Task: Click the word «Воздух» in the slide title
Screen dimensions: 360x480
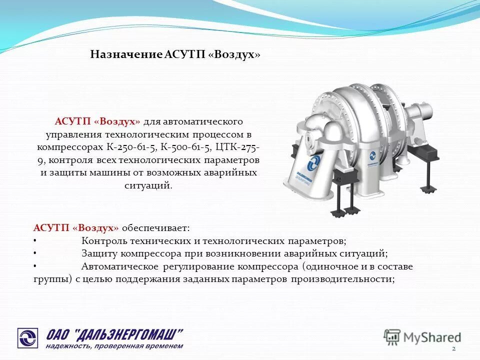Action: [x=237, y=54]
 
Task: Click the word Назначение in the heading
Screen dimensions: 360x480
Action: [x=126, y=54]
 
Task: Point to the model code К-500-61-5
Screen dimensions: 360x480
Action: [x=187, y=148]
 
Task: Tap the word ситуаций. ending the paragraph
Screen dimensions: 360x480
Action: [x=147, y=185]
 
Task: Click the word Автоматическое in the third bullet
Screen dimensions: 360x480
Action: [x=120, y=267]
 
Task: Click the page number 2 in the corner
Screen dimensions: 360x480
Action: [x=453, y=348]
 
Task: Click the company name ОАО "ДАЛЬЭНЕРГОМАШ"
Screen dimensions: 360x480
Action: [x=115, y=333]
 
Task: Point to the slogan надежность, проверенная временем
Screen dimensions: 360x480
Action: [x=115, y=346]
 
